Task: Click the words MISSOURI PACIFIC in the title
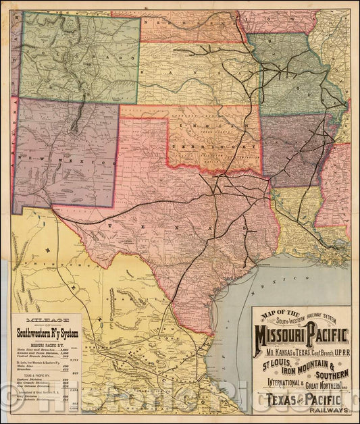[302, 334]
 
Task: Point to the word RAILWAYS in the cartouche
[330, 409]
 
